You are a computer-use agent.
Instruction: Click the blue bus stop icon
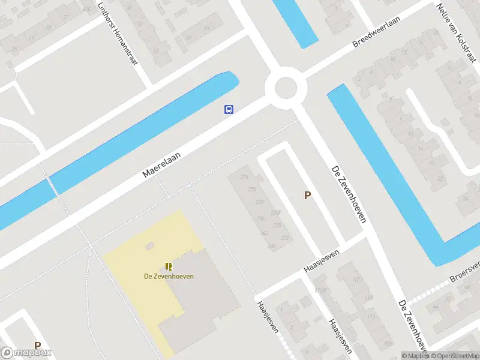[229, 109]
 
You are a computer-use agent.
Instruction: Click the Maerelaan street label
[161, 164]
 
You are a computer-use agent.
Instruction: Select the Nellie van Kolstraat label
[456, 30]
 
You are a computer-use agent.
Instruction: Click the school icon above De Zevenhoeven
[170, 266]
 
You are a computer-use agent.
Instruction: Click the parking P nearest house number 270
[307, 195]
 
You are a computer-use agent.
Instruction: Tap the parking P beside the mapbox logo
[37, 346]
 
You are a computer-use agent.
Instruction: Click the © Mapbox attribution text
[416, 356]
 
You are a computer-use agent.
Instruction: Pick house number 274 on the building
[244, 177]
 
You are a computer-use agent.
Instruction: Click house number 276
[251, 190]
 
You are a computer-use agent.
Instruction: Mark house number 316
[260, 218]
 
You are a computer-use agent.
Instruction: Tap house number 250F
[276, 212]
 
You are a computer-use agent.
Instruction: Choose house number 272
[284, 238]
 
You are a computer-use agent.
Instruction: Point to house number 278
[259, 202]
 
